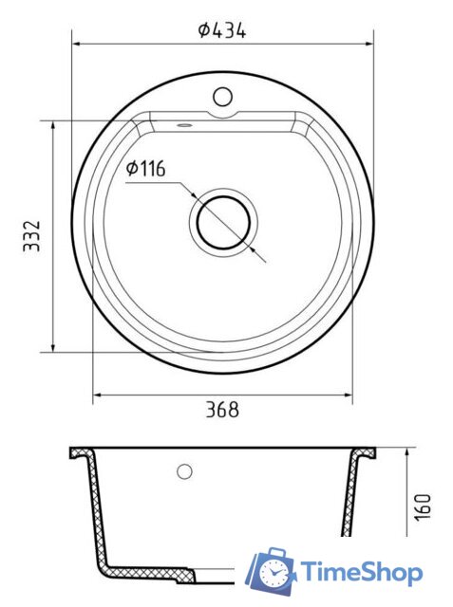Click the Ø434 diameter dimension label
coord(222,30)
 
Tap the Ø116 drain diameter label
coord(146,169)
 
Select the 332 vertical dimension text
coord(32,236)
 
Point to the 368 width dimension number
coord(222,410)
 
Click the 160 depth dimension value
coord(423,507)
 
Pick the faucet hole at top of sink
coord(223,97)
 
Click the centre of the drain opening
coord(223,223)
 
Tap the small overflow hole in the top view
coord(183,125)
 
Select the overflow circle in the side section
coord(184,471)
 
